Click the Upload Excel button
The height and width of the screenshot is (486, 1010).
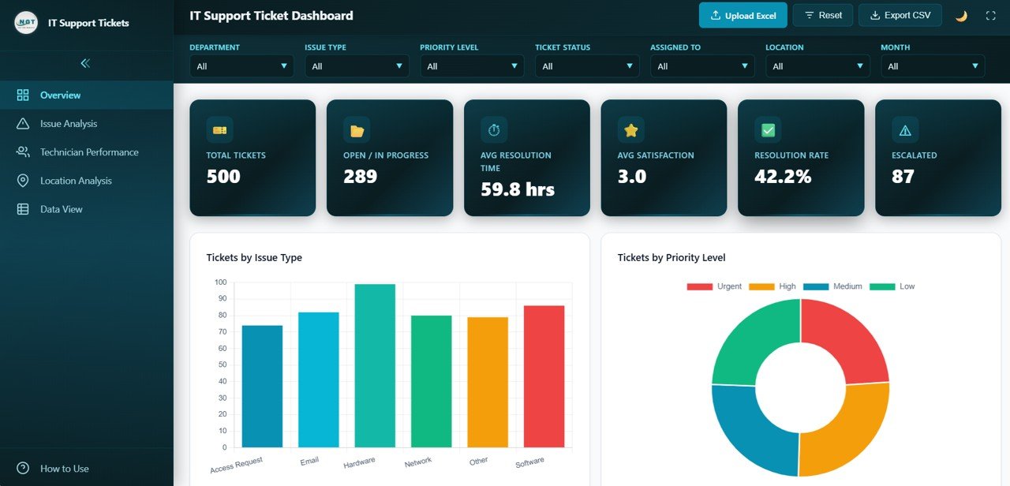[743, 15]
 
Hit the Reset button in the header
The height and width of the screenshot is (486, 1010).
[822, 15]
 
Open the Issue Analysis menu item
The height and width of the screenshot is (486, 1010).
[69, 124]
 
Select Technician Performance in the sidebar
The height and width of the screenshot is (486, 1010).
[88, 152]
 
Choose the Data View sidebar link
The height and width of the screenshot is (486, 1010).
[61, 209]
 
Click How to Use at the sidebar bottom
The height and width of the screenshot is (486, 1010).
[64, 469]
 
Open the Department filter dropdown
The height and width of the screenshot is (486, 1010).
[241, 66]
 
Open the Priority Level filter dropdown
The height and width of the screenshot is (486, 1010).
[472, 66]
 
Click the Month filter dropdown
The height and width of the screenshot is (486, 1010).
[933, 66]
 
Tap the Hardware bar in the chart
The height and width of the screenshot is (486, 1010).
[375, 366]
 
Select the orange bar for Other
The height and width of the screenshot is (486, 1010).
[488, 383]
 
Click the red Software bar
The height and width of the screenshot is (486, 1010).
[544, 376]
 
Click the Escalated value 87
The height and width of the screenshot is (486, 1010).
[903, 177]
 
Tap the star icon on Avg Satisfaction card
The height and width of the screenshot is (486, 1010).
[630, 130]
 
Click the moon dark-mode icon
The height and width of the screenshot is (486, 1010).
[961, 16]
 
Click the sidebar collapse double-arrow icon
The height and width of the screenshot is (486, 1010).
[85, 63]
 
